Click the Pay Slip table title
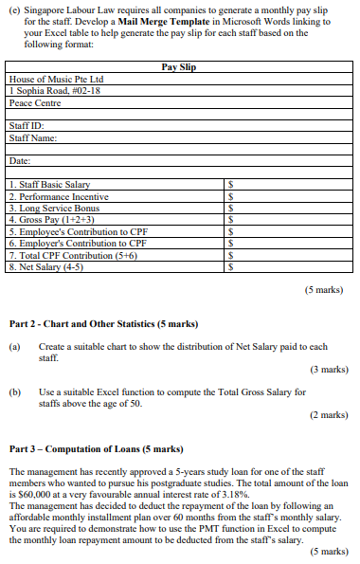click(179, 67)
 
